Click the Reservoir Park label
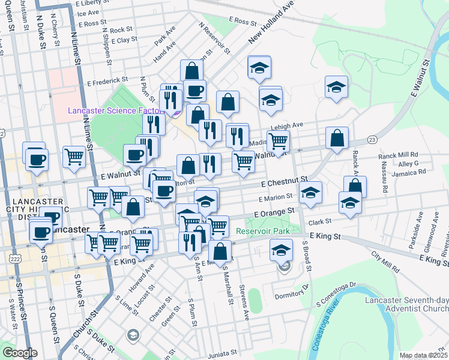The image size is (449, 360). (263, 231)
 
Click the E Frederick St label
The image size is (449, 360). (107, 80)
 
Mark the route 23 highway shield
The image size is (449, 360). (372, 139)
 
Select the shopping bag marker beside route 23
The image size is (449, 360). (337, 137)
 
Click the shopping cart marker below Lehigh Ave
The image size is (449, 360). (277, 142)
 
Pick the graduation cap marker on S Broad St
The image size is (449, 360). (310, 193)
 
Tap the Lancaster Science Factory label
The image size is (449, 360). (114, 110)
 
